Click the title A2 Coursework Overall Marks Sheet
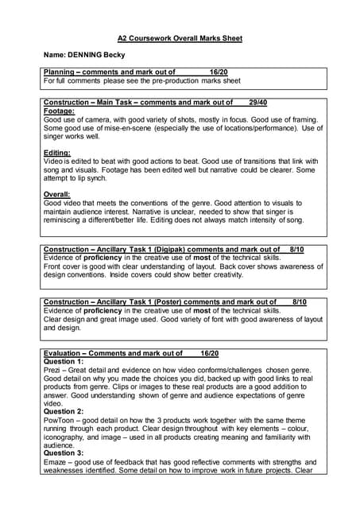pyautogui.click(x=180, y=38)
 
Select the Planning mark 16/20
pyautogui.click(x=219, y=72)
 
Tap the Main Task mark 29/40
pyautogui.click(x=257, y=103)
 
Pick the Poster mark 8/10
pyautogui.click(x=300, y=302)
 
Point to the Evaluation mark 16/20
pyautogui.click(x=210, y=353)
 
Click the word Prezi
pyautogui.click(x=52, y=370)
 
